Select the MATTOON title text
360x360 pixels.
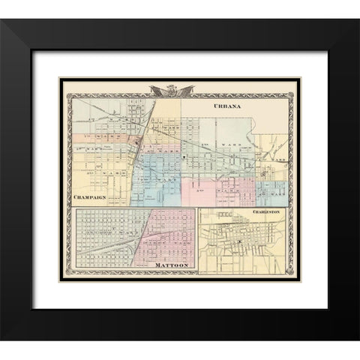pos(172,266)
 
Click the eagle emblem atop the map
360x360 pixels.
pos(172,91)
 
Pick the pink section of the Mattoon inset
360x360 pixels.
pos(172,237)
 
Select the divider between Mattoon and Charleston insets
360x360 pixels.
pos(197,241)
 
